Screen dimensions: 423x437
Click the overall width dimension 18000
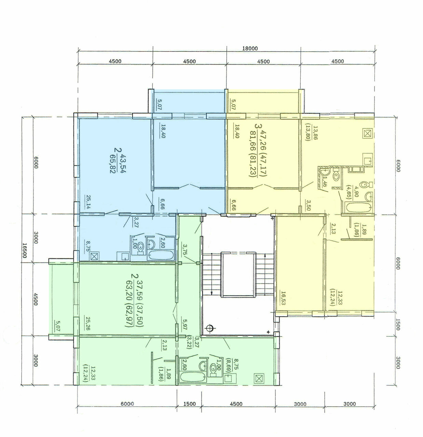pyautogui.click(x=250, y=48)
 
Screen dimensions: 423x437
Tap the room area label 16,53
pyautogui.click(x=283, y=298)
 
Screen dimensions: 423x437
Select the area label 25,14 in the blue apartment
pyautogui.click(x=88, y=202)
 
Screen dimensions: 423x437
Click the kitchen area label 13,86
pyautogui.click(x=315, y=134)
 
